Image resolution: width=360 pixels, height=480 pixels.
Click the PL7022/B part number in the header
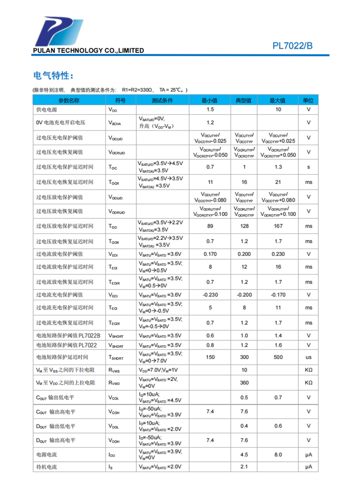pos(292,46)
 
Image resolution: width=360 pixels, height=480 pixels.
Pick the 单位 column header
pos(308,100)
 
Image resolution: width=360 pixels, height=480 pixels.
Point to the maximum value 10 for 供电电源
pos(278,109)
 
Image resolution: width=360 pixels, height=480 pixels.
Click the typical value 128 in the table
pos(244,226)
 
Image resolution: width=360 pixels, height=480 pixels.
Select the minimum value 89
pos(210,226)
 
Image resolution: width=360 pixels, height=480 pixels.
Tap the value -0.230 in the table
pos(210,295)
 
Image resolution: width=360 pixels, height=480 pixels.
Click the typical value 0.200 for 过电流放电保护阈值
pos(244,254)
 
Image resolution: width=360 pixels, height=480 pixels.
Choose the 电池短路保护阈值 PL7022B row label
pos(68,336)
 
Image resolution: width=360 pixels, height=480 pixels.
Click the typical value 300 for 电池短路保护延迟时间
pos(244,357)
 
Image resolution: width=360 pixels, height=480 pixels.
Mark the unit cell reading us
pos(309,357)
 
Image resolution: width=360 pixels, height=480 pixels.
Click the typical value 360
pos(244,383)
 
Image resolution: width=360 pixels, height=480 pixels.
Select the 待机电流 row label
pos(47,467)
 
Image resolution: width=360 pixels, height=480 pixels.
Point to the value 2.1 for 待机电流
pos(244,467)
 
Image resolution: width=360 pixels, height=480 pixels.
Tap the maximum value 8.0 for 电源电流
pos(278,454)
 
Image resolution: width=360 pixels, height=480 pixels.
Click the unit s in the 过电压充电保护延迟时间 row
pos(309,167)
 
